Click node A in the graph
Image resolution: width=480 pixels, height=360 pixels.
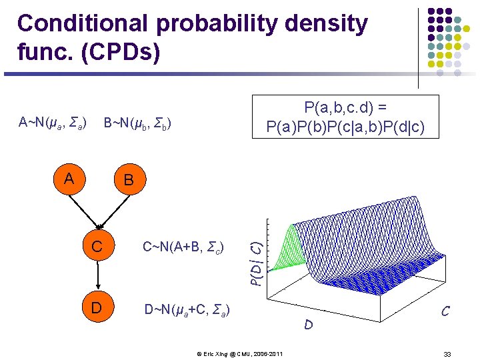click(69, 179)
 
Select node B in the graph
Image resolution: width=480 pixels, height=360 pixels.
click(128, 181)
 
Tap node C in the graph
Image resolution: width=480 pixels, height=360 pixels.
click(98, 247)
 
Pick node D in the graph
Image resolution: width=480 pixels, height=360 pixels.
click(98, 307)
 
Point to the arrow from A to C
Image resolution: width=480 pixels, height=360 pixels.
click(84, 211)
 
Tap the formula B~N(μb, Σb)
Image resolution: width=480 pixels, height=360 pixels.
click(137, 123)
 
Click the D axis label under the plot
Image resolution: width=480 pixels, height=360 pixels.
click(308, 325)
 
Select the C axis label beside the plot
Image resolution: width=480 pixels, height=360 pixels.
click(444, 311)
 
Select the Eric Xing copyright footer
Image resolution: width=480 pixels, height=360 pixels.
click(241, 353)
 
